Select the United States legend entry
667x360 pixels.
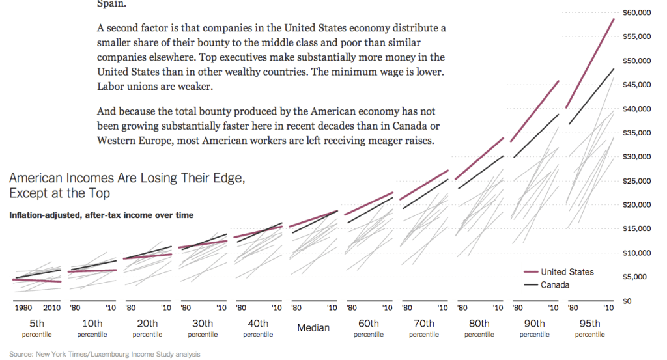[x=567, y=272]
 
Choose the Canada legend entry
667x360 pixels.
[x=555, y=285]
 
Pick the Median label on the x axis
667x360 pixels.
[x=313, y=327]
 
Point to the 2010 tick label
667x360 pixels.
[x=51, y=307]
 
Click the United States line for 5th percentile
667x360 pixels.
[x=37, y=281]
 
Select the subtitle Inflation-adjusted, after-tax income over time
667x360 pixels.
[x=101, y=215]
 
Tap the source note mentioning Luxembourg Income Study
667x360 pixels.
[x=104, y=354]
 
